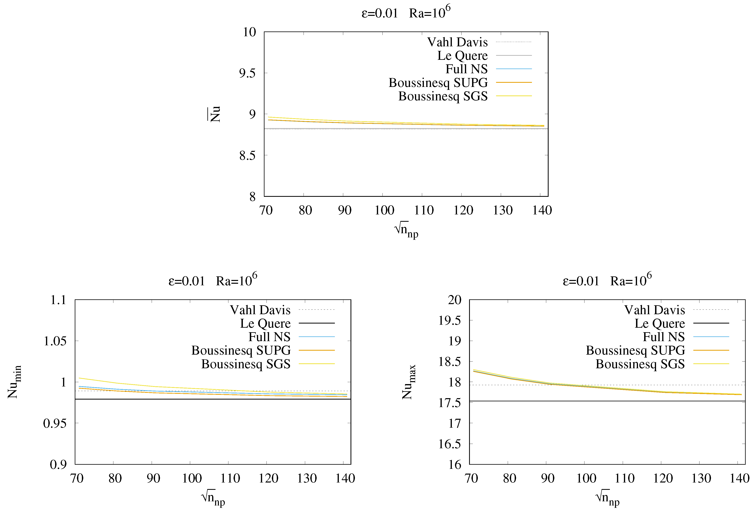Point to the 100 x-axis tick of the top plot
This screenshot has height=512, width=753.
[384, 210]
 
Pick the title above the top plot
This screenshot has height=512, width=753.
[406, 13]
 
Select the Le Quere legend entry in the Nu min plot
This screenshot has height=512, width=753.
[265, 323]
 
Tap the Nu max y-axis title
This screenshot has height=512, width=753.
[409, 382]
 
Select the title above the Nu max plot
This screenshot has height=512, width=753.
[607, 281]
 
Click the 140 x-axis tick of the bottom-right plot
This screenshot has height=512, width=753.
[739, 478]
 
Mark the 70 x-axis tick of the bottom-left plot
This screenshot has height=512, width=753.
[77, 478]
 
